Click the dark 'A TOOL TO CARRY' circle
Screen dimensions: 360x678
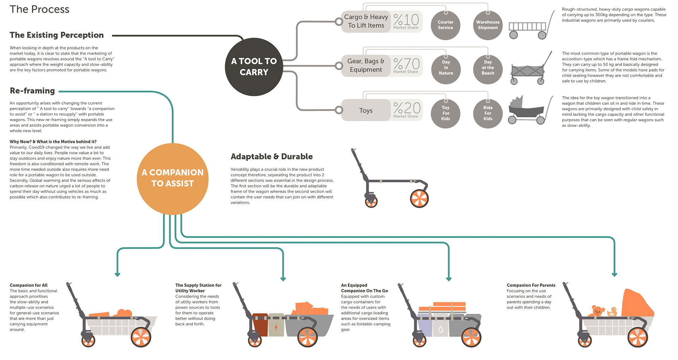[x=254, y=67]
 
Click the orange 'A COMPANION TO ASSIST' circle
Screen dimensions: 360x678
[x=173, y=178]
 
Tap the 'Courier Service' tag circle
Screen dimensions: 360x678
[x=446, y=25]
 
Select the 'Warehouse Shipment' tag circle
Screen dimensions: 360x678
[x=488, y=25]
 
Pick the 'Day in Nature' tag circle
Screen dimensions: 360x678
[x=446, y=69]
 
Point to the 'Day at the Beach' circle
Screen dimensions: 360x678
[x=488, y=69]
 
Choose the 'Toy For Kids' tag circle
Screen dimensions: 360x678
[x=446, y=113]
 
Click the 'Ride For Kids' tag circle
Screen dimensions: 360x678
[x=488, y=113]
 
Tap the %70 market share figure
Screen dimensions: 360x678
[x=406, y=64]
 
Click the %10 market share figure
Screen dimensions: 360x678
[x=406, y=20]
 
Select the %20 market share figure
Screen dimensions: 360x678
[x=407, y=108]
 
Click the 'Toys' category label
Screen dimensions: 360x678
[x=366, y=111]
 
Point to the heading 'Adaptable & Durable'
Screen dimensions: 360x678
[x=272, y=157]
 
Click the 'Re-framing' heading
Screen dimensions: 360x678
[x=32, y=91]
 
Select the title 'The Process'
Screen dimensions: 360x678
[x=40, y=9]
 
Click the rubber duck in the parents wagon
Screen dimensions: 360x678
[x=612, y=312]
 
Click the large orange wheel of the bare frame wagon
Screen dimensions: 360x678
[x=419, y=199]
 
